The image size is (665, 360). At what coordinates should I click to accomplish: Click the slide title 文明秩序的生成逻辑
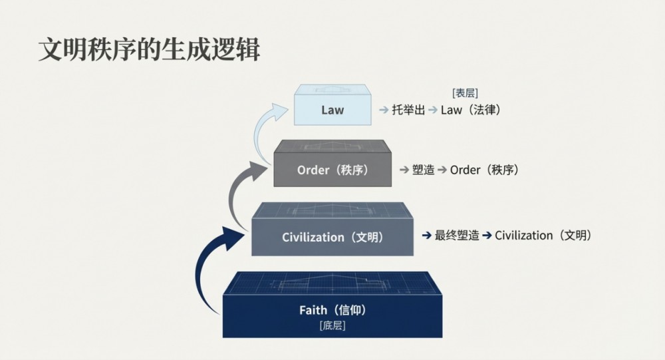(149, 50)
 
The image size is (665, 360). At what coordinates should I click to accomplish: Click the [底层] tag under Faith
(332, 325)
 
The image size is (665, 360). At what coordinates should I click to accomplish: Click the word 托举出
(408, 110)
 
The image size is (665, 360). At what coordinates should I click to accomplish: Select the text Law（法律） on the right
(471, 110)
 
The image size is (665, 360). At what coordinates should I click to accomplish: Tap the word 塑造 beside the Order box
(423, 170)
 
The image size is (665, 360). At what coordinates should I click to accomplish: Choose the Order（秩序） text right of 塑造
(484, 170)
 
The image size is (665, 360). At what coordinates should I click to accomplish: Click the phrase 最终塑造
(457, 235)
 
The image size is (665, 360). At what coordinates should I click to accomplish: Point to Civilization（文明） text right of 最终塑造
(543, 235)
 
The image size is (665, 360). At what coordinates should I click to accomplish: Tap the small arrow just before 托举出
(384, 110)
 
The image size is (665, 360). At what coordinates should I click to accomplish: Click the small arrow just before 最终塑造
(426, 235)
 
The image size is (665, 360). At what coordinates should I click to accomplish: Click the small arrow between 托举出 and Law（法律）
(433, 110)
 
